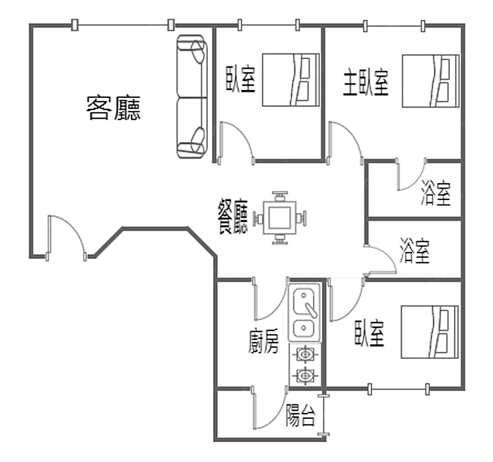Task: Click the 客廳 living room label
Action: pos(113,108)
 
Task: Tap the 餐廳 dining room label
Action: pos(233,216)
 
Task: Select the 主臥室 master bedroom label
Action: pos(366,82)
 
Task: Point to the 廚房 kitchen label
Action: pos(263,341)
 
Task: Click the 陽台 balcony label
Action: pos(300,415)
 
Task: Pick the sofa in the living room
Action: pos(192,97)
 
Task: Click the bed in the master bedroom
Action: pos(430,81)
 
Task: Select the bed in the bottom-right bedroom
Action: pos(429,332)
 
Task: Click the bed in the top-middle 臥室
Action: pos(291,80)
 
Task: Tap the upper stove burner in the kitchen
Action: pos(305,355)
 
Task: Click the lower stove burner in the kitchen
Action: pos(305,375)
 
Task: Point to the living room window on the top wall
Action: pos(123,25)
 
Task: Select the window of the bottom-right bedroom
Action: pos(398,389)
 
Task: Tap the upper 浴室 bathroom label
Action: pos(436,193)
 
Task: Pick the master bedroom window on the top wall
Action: pos(394,26)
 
